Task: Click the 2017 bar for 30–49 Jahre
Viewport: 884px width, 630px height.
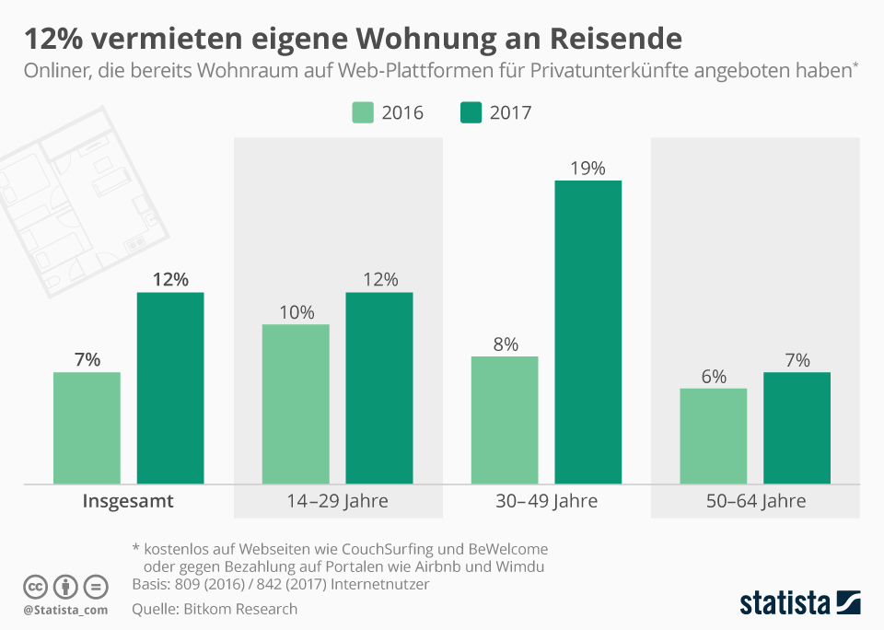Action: [x=587, y=332]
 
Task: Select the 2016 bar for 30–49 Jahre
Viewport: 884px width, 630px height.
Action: [x=504, y=420]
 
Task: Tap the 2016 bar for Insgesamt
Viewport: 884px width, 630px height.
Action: [x=87, y=427]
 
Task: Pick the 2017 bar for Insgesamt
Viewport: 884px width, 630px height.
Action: [x=170, y=388]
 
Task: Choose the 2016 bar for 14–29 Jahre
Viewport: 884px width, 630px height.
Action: [x=296, y=403]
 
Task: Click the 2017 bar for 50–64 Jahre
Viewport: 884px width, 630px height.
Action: [x=797, y=427]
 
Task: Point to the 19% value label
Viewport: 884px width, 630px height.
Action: [x=587, y=168]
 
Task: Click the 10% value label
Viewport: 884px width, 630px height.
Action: [x=296, y=312]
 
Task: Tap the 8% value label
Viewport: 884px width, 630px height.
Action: [x=505, y=344]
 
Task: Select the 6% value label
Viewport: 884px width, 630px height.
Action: [x=714, y=377]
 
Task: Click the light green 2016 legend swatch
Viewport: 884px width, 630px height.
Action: [x=363, y=112]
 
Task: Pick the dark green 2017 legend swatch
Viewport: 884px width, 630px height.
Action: [x=471, y=112]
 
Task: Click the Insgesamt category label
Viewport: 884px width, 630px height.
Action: [x=128, y=502]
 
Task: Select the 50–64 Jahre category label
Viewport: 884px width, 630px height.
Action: [x=755, y=502]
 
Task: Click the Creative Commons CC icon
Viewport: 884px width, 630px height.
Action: [x=35, y=587]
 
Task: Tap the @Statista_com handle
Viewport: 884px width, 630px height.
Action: [x=65, y=610]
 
